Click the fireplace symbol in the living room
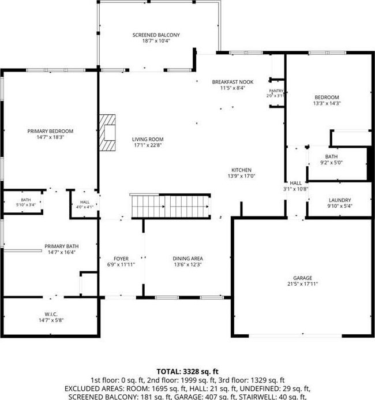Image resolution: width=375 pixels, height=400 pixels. pyautogui.click(x=107, y=133)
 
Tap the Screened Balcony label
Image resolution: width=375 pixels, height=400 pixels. pyautogui.click(x=156, y=35)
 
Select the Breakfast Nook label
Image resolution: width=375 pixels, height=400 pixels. pyautogui.click(x=232, y=82)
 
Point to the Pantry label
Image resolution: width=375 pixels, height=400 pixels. pyautogui.click(x=276, y=91)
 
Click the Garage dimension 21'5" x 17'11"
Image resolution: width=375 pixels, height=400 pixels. pyautogui.click(x=303, y=283)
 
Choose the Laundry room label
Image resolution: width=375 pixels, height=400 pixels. pyautogui.click(x=340, y=200)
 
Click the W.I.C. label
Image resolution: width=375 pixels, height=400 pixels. pyautogui.click(x=51, y=314)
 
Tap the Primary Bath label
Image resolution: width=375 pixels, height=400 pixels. pyautogui.click(x=61, y=246)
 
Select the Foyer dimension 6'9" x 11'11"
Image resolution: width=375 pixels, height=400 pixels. pyautogui.click(x=121, y=264)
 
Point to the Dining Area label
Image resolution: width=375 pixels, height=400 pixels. pyautogui.click(x=188, y=259)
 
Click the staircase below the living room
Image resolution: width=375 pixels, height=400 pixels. pyautogui.click(x=171, y=207)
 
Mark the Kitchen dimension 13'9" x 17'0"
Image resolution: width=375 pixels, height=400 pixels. pyautogui.click(x=241, y=176)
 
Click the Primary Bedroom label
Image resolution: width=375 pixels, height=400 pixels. pyautogui.click(x=50, y=131)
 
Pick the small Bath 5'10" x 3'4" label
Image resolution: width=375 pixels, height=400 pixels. pyautogui.click(x=26, y=200)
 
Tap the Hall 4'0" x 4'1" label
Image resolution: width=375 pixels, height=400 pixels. pyautogui.click(x=85, y=202)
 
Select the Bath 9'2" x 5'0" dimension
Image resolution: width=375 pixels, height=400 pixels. pyautogui.click(x=331, y=163)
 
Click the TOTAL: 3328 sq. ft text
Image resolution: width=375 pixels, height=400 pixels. pyautogui.click(x=187, y=372)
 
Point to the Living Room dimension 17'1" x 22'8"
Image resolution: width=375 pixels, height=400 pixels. pyautogui.click(x=148, y=145)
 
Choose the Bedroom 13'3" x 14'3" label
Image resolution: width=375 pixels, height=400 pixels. pyautogui.click(x=327, y=97)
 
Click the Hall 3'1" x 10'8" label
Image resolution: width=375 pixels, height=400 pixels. pyautogui.click(x=296, y=183)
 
